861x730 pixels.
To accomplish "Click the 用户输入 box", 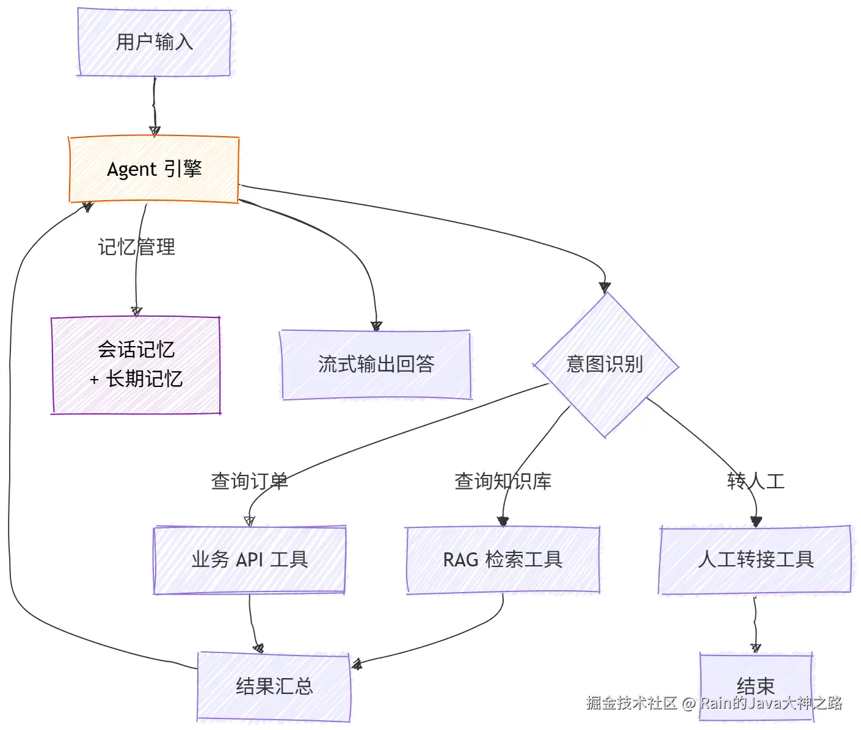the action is click(154, 42).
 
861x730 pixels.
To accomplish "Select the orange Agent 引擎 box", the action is click(154, 169).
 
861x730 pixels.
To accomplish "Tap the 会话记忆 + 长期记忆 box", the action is click(136, 365).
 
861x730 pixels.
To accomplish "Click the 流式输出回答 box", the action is click(376, 364).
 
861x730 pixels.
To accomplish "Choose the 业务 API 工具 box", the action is click(250, 560).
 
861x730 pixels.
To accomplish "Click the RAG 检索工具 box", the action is click(503, 560).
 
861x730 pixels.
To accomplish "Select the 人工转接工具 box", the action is click(755, 560).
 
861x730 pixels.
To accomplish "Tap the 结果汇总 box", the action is click(274, 686).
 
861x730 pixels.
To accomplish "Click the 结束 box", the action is click(756, 686).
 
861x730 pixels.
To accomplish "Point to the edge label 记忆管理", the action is click(137, 247).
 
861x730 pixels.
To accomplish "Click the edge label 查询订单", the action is click(250, 482).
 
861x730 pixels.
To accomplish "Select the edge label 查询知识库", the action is click(503, 482).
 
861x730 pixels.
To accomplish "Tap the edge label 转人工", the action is click(755, 482).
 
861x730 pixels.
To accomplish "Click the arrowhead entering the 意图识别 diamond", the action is click(605, 287).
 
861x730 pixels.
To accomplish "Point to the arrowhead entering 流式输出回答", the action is click(377, 326).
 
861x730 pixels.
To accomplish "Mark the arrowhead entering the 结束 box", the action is click(756, 648).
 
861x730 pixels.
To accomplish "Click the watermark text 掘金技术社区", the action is click(631, 703).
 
